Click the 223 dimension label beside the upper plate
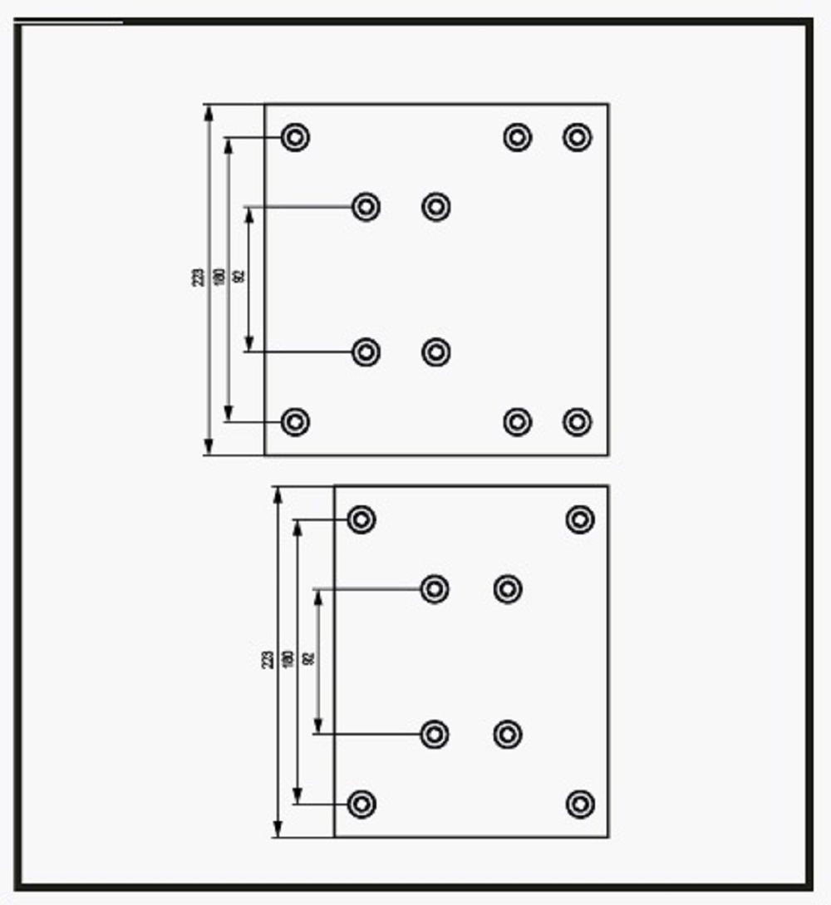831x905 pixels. pyautogui.click(x=198, y=277)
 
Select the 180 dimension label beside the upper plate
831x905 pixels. pyautogui.click(x=219, y=277)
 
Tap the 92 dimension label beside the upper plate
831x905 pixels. pyautogui.click(x=240, y=277)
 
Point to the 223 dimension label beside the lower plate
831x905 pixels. pyautogui.click(x=268, y=660)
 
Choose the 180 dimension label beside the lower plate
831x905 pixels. pyautogui.click(x=288, y=659)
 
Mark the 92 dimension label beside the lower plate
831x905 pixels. pyautogui.click(x=309, y=659)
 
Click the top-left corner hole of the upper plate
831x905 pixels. pyautogui.click(x=295, y=137)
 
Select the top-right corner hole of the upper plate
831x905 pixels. pyautogui.click(x=578, y=137)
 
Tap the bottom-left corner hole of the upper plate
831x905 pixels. pyautogui.click(x=295, y=422)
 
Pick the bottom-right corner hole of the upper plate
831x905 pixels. pyautogui.click(x=578, y=422)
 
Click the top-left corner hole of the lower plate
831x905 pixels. pyautogui.click(x=361, y=519)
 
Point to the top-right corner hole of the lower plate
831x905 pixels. pyautogui.click(x=580, y=519)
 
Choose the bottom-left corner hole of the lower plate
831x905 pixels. pyautogui.click(x=361, y=804)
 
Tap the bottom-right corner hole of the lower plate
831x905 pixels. pyautogui.click(x=580, y=804)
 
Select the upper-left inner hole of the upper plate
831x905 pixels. pyautogui.click(x=366, y=206)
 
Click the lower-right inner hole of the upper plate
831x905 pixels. pyautogui.click(x=436, y=352)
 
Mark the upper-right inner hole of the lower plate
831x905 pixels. pyautogui.click(x=508, y=589)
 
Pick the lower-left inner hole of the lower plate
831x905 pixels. pyautogui.click(x=435, y=735)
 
